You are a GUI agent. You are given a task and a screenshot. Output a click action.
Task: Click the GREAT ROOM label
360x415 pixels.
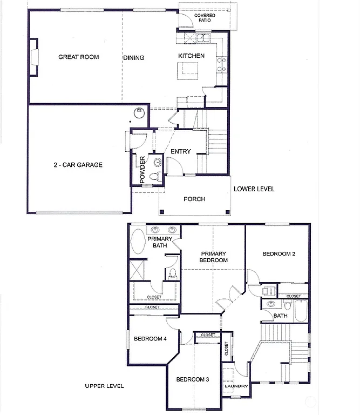pos(78,57)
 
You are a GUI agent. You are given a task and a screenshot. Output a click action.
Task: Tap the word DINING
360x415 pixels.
pos(133,58)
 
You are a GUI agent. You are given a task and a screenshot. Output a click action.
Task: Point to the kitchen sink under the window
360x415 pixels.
pos(203,38)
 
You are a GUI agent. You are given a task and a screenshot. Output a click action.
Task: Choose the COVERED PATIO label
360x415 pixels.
pos(205,18)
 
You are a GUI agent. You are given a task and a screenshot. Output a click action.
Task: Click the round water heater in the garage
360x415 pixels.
pos(140,112)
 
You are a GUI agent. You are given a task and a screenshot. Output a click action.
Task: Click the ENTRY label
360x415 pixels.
pos(180,152)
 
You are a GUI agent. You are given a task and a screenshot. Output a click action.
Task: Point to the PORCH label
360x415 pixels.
pos(194,199)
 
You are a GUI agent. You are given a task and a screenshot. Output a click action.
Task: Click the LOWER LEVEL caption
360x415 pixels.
pos(254,189)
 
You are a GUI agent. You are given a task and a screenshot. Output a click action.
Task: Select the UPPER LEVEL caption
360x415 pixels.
pos(104,386)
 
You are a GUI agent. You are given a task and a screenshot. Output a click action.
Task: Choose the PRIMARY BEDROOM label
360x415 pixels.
pos(214,257)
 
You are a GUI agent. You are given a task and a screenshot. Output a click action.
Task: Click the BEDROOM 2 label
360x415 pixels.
pos(279,254)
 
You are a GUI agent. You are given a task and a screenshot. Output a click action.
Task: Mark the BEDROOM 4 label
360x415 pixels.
pos(150,339)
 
